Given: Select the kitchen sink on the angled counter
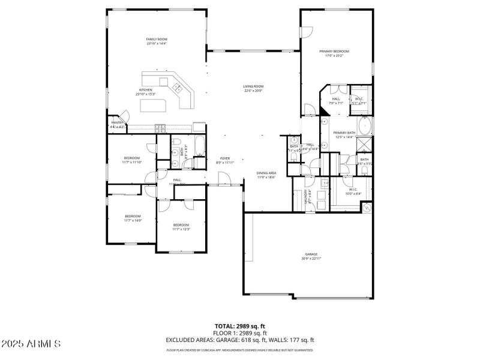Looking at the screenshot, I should click(178, 89).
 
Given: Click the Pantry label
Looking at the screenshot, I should click(117, 124).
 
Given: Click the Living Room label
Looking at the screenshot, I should click(253, 88).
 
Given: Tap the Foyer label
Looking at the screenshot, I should click(224, 160).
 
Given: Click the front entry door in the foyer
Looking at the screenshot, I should click(224, 178).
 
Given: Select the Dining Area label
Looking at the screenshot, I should click(266, 175).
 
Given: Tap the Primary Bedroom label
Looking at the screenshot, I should click(334, 53).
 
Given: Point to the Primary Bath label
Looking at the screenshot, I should click(344, 134).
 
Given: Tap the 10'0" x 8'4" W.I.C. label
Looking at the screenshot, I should click(353, 191).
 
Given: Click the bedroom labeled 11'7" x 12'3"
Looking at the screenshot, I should click(181, 227).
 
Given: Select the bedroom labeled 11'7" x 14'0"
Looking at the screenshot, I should click(133, 218).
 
